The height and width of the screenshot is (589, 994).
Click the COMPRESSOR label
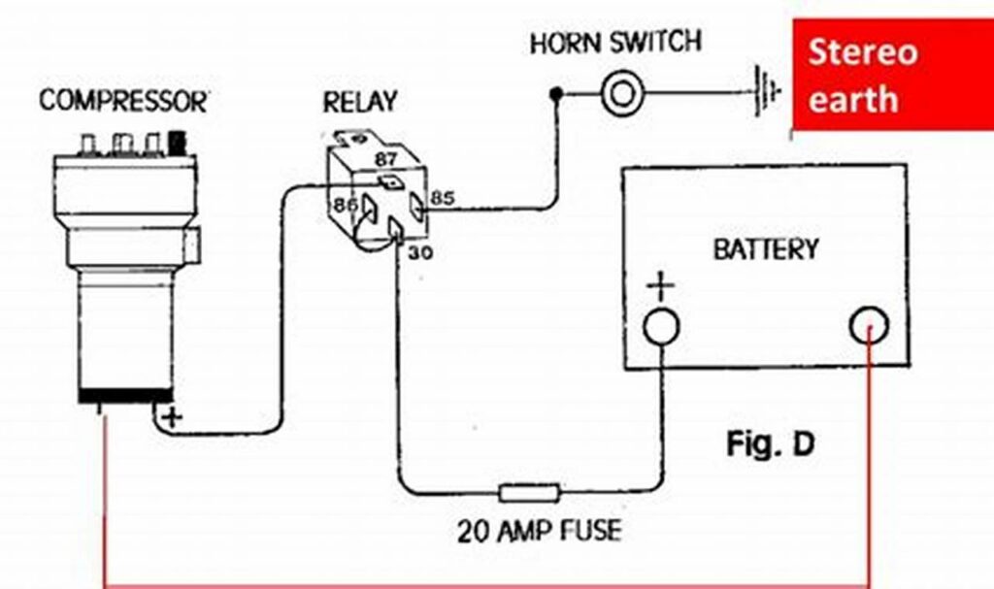click(x=123, y=101)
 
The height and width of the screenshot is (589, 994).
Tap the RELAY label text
click(x=361, y=101)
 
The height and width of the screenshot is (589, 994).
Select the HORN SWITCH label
click(x=615, y=44)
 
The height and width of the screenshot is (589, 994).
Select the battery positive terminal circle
click(x=661, y=327)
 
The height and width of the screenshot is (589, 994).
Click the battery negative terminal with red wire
click(x=869, y=328)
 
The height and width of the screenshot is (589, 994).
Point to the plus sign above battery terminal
click(x=659, y=287)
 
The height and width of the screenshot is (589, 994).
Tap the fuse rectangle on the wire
click(x=529, y=492)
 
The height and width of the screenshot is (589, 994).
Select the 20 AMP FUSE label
click(x=539, y=532)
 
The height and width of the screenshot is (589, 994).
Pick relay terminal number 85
click(x=443, y=198)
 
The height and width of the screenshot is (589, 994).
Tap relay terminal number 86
click(x=344, y=205)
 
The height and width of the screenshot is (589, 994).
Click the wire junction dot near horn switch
click(x=555, y=94)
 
